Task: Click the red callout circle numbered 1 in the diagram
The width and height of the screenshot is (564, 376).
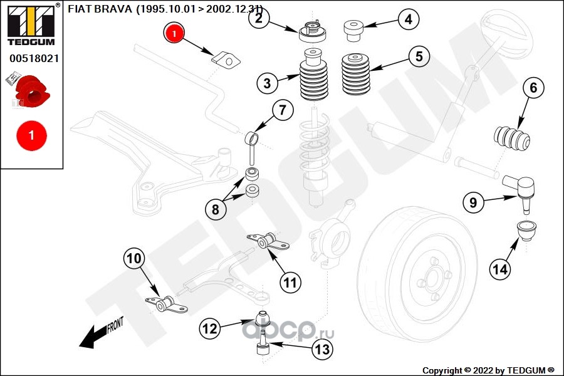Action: (x=174, y=32)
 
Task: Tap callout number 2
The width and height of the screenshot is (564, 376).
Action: (x=259, y=18)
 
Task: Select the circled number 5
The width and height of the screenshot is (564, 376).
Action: (x=419, y=56)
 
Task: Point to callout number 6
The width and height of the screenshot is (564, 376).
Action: (x=533, y=88)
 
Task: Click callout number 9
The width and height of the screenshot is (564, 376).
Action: (x=474, y=202)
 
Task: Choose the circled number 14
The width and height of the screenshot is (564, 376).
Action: (x=500, y=269)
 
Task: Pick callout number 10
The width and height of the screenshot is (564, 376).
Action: (x=135, y=258)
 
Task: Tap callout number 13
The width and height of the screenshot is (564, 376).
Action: (x=321, y=350)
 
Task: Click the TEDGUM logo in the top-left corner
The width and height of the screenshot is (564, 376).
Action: (x=30, y=24)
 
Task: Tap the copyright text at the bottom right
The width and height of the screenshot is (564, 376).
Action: (x=488, y=370)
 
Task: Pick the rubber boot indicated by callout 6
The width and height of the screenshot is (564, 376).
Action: (x=513, y=139)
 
